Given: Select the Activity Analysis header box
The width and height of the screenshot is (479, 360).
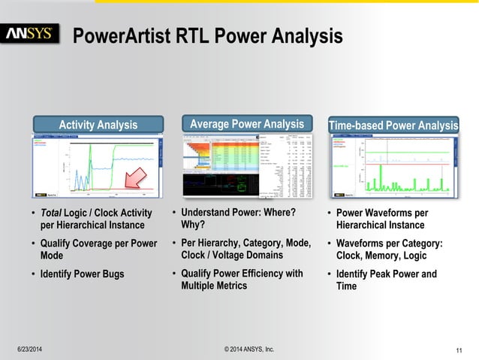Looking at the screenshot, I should (x=98, y=125).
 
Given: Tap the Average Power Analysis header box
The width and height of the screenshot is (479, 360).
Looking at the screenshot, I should (x=246, y=124).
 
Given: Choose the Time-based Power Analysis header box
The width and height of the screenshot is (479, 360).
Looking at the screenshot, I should (x=393, y=125).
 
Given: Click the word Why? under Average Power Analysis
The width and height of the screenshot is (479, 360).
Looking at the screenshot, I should (x=192, y=225).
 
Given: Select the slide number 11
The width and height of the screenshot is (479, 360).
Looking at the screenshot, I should (x=459, y=349).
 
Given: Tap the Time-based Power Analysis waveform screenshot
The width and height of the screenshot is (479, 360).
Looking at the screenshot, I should (x=393, y=167).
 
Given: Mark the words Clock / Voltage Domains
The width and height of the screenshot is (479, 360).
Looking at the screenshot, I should (x=225, y=255).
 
